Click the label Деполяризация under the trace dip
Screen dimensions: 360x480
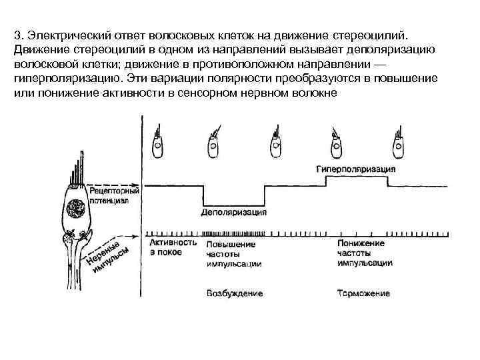(234, 213)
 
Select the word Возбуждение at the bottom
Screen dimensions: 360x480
(235, 293)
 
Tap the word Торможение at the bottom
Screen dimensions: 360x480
(363, 293)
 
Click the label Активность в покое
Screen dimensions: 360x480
(173, 248)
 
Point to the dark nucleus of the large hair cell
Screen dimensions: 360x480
(75, 209)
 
